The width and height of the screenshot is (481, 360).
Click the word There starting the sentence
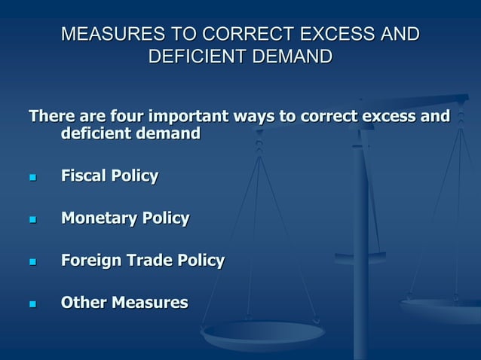point(52,117)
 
